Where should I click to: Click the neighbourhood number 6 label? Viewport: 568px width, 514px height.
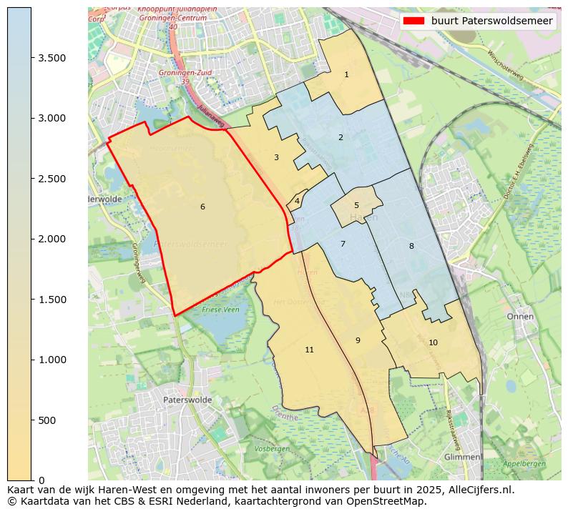[x=202, y=207]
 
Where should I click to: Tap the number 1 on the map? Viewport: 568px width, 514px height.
[x=346, y=74]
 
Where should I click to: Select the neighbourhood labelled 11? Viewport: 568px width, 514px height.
[x=309, y=350]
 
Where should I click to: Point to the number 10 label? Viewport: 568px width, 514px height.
[x=433, y=342]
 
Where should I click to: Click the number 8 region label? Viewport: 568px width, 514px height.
[x=411, y=246]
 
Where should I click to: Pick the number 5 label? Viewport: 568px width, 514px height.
[x=356, y=206]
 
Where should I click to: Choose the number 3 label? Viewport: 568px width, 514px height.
[x=276, y=157]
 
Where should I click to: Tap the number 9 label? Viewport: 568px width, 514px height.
[x=358, y=340]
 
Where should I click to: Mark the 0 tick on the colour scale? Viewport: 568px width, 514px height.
[x=41, y=480]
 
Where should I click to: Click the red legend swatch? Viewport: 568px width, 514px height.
[x=413, y=21]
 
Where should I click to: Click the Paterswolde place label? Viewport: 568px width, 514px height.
[x=187, y=400]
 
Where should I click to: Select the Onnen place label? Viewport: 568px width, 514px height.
[x=519, y=316]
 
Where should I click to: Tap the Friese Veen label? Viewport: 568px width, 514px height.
[x=221, y=310]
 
